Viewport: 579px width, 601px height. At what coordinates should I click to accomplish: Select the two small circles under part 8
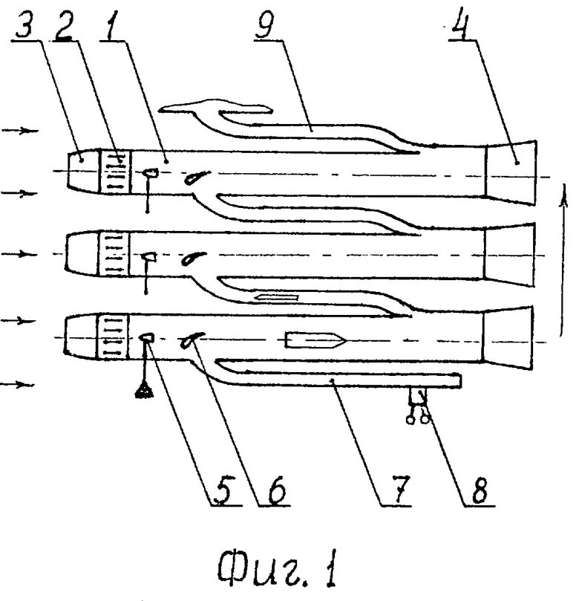[x=417, y=420]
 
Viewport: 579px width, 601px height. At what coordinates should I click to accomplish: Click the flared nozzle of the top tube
[x=512, y=172]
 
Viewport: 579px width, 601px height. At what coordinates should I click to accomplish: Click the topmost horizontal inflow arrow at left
[x=20, y=131]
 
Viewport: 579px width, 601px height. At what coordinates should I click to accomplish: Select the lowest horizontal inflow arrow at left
[x=20, y=384]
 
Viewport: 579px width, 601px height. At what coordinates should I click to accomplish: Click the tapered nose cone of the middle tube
[x=81, y=253]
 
